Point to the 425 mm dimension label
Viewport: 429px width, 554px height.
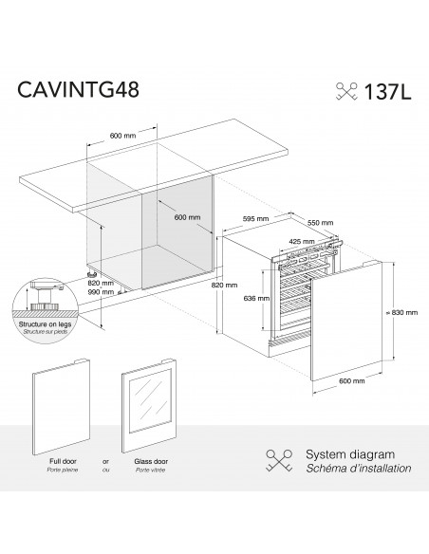tap(301, 240)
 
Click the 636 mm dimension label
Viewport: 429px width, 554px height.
tap(244, 298)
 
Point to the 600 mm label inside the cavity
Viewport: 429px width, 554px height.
tap(187, 216)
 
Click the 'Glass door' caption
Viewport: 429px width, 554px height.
tap(151, 463)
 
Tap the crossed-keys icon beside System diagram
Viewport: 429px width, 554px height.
tap(280, 462)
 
